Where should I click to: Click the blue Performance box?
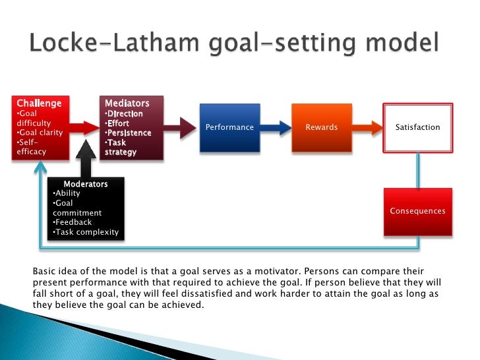pyautogui.click(x=229, y=127)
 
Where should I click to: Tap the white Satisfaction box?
pyautogui.click(x=417, y=127)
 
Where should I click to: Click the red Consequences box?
pyautogui.click(x=417, y=211)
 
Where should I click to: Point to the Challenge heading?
pyautogui.click(x=39, y=103)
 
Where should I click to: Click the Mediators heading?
pyautogui.click(x=127, y=103)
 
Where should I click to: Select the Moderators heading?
pyautogui.click(x=85, y=183)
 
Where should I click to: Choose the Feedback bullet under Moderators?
pyautogui.click(x=73, y=222)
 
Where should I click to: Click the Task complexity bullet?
pyautogui.click(x=86, y=232)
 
